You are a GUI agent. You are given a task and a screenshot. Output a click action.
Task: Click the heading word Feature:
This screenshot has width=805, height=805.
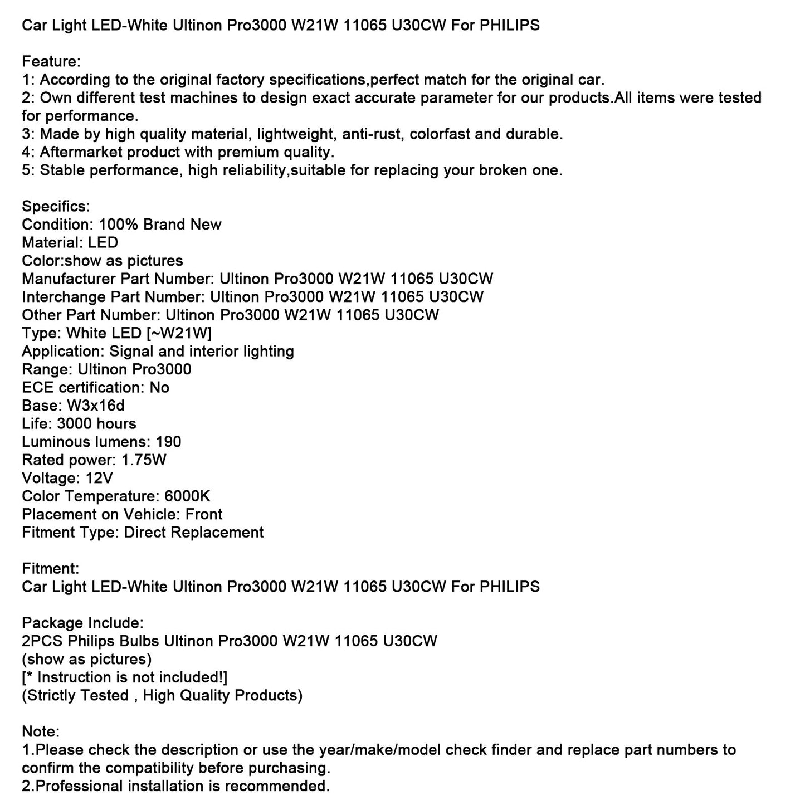pyautogui.click(x=51, y=61)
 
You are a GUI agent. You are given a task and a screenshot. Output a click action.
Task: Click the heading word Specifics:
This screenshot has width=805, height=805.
pyautogui.click(x=56, y=206)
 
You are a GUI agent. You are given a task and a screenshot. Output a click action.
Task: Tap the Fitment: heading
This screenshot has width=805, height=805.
pyautogui.click(x=50, y=568)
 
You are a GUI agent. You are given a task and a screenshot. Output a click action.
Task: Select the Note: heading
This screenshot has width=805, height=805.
pyautogui.click(x=41, y=731)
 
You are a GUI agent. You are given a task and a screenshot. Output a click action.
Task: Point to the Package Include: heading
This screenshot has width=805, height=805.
pyautogui.click(x=82, y=623)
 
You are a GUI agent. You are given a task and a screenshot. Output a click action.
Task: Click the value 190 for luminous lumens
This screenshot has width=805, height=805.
pyautogui.click(x=169, y=442)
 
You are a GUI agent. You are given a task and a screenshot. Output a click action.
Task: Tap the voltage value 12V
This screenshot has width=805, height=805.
pyautogui.click(x=100, y=478)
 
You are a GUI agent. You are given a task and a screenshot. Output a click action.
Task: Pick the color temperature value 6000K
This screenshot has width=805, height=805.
pyautogui.click(x=187, y=496)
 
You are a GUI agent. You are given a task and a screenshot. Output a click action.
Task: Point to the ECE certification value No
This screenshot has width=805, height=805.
pyautogui.click(x=159, y=387)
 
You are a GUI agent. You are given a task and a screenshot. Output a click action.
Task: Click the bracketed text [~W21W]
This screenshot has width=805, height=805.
pyautogui.click(x=179, y=333)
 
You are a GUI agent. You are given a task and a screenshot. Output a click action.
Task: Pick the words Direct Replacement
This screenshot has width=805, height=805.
pyautogui.click(x=194, y=532)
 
